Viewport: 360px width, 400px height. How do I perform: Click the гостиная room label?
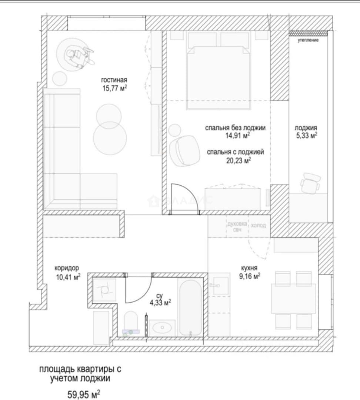point(114,80)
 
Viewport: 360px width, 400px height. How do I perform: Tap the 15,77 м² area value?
point(114,88)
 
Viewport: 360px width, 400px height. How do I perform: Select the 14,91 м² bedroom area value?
point(237,135)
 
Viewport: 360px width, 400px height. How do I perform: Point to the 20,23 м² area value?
point(239,160)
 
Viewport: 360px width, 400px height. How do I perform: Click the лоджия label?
point(306,128)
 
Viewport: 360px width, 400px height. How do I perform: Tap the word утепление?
point(308,40)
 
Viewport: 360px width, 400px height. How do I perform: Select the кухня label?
point(249,268)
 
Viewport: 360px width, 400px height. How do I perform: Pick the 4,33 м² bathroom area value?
point(160,303)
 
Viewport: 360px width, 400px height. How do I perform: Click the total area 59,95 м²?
point(84,394)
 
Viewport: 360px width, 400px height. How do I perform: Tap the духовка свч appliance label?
point(237,227)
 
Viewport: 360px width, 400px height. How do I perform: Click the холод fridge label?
point(258,225)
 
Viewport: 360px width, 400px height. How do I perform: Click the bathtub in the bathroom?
point(190,308)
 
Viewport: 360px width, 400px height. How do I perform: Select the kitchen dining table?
point(293,299)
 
